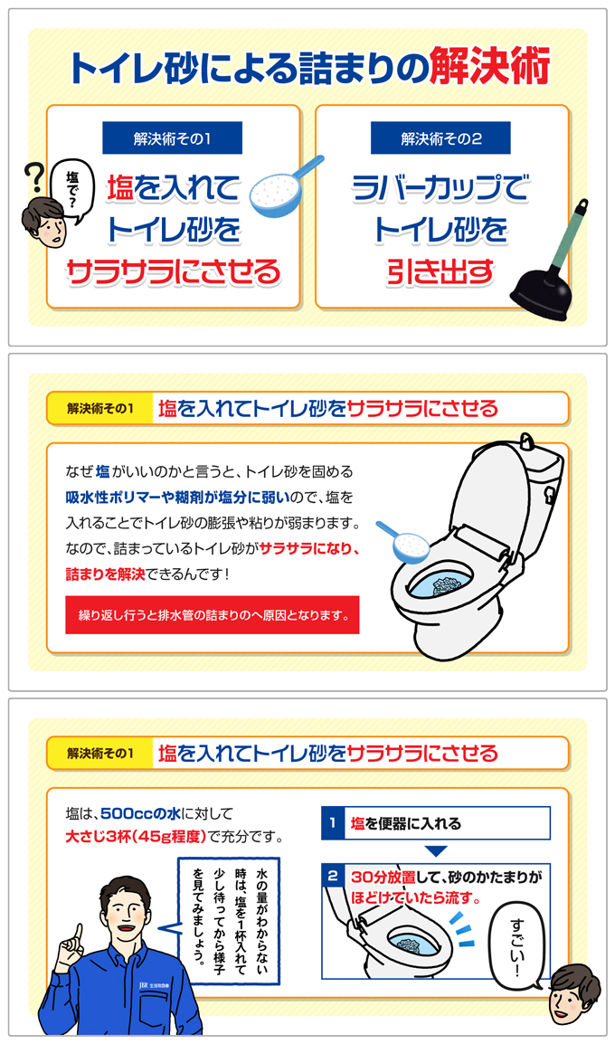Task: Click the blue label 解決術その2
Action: click(x=440, y=138)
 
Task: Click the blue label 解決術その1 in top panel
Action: click(x=172, y=138)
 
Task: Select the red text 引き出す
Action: click(x=440, y=270)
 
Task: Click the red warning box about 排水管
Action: click(x=212, y=615)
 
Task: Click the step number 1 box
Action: click(x=333, y=823)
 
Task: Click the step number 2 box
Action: click(x=333, y=877)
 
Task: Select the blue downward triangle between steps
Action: click(x=436, y=851)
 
